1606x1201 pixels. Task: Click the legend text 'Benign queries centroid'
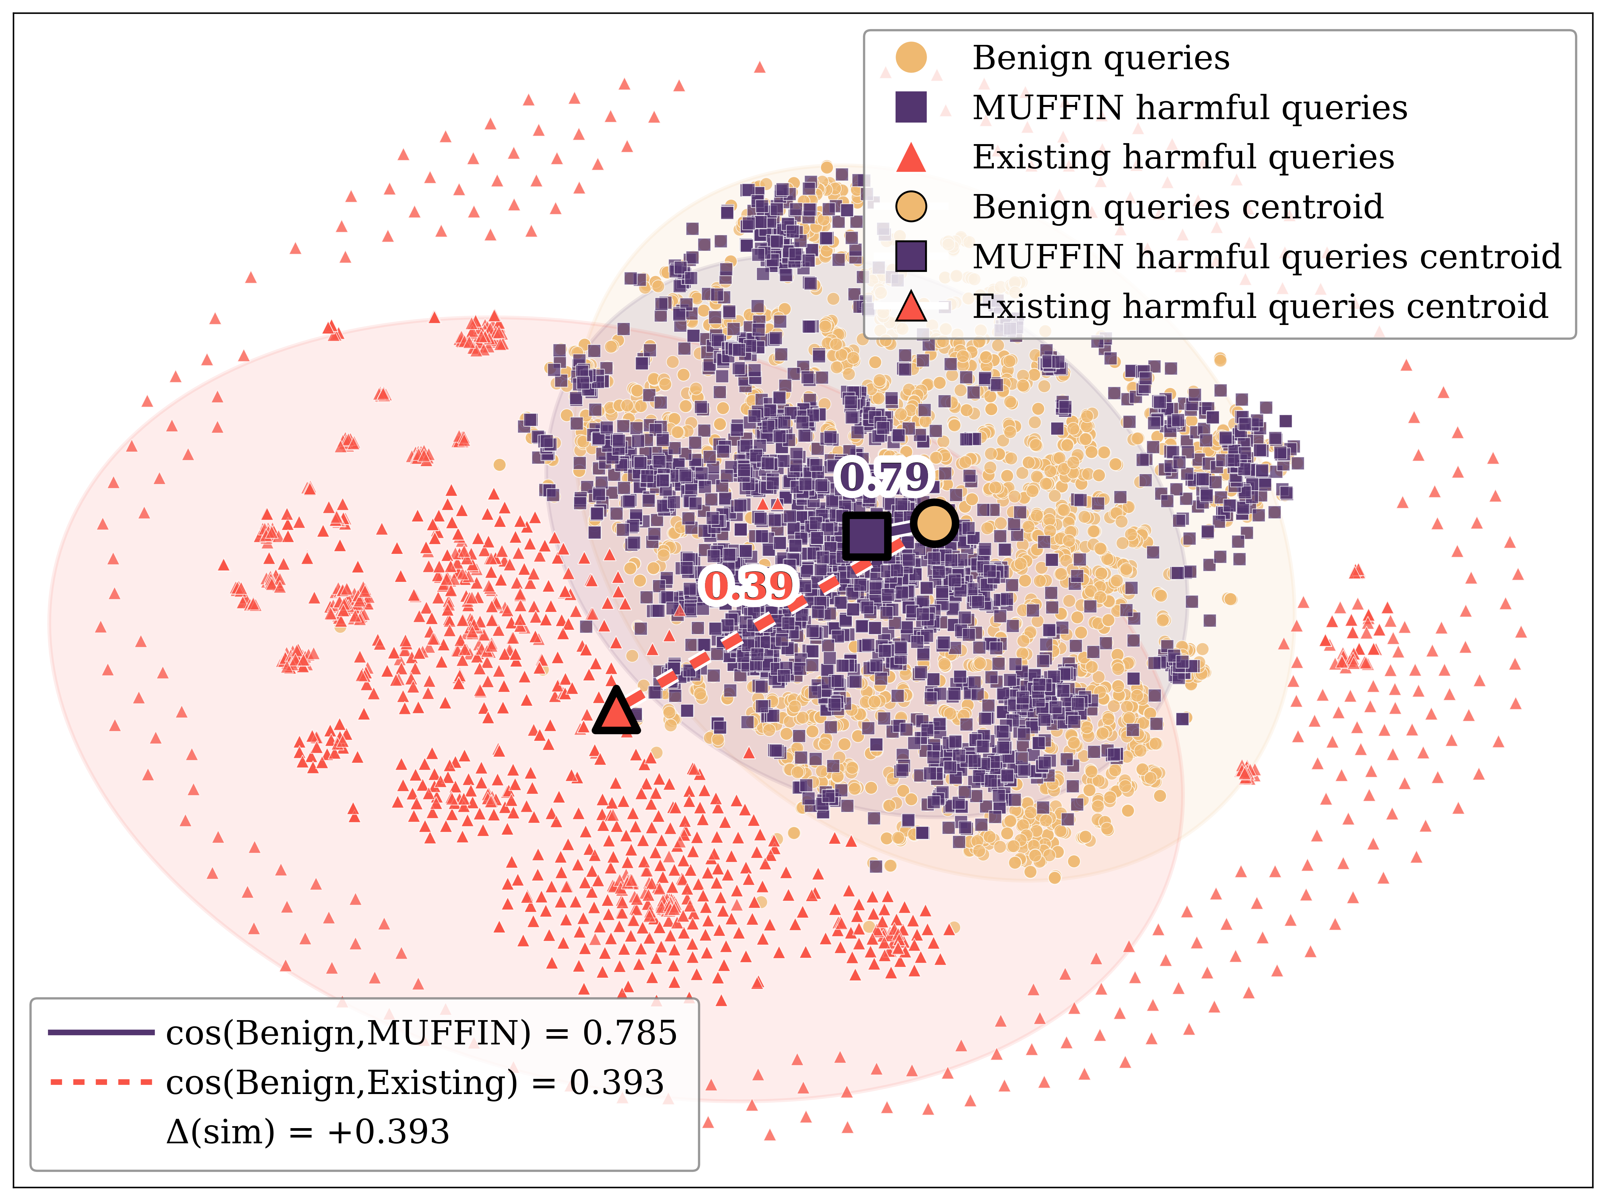pyautogui.click(x=1178, y=207)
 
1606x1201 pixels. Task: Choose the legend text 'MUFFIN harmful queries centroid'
pyautogui.click(x=1266, y=256)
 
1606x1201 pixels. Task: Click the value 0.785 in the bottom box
pyautogui.click(x=629, y=1033)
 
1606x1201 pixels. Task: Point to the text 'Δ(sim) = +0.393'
pyautogui.click(x=308, y=1131)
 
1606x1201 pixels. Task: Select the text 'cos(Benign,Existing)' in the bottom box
pyautogui.click(x=341, y=1083)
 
